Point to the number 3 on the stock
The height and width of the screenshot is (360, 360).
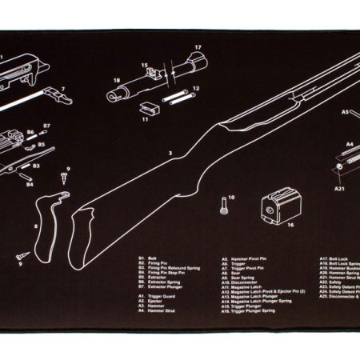pyautogui.click(x=170, y=152)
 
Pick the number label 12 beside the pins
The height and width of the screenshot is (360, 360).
pyautogui.click(x=195, y=88)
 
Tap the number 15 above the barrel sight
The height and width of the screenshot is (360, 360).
pyautogui.click(x=145, y=66)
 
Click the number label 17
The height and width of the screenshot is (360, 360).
pyautogui.click(x=198, y=48)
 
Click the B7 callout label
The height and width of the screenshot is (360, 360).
pyautogui.click(x=46, y=126)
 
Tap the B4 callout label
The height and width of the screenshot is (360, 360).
pyautogui.click(x=30, y=185)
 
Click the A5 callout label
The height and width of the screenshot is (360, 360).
pyautogui.click(x=346, y=113)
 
